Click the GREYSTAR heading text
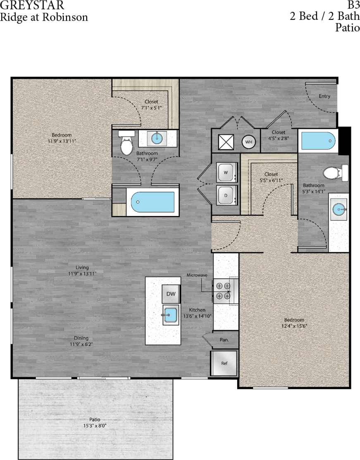coord(32,5)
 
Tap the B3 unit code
coord(353,5)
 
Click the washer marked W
coord(226,172)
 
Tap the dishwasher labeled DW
coord(171,294)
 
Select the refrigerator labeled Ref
coord(224,363)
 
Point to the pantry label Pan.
coord(224,340)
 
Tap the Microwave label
coord(196,275)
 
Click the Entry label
coord(324,96)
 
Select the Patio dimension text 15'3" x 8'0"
coord(95,426)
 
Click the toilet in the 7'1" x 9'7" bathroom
coord(126,144)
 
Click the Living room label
coord(79,267)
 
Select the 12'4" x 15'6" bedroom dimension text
coord(294,326)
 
